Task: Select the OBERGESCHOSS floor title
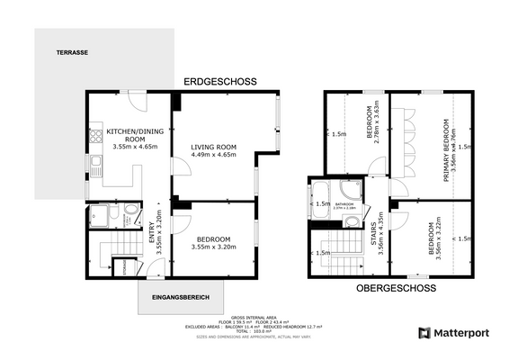pos(396,289)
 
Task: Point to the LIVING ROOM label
pos(214,147)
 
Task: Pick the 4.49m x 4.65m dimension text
pos(214,155)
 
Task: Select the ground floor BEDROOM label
pos(213,238)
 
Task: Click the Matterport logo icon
pos(424,333)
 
